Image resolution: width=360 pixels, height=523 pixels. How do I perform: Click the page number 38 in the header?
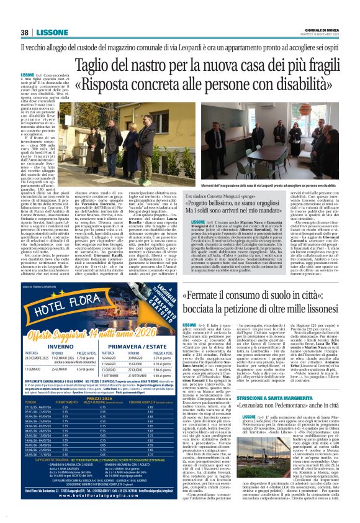24,32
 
